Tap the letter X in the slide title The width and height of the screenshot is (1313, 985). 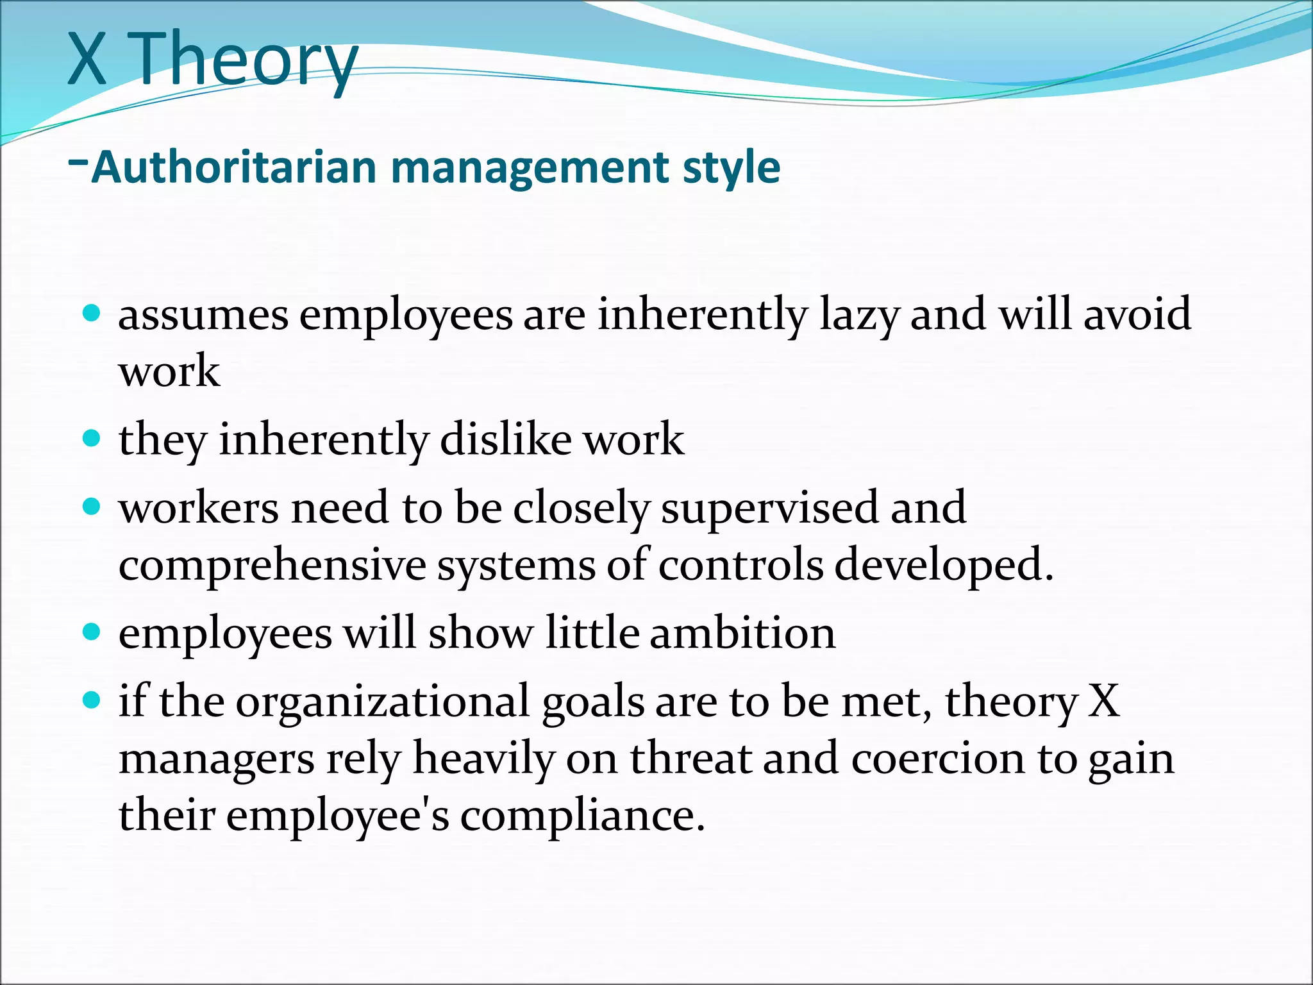coord(87,59)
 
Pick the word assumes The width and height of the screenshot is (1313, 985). coord(203,316)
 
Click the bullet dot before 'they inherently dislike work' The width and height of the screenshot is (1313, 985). coord(92,438)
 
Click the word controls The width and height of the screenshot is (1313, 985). coord(740,564)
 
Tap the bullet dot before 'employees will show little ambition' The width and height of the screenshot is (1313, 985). coord(92,632)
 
